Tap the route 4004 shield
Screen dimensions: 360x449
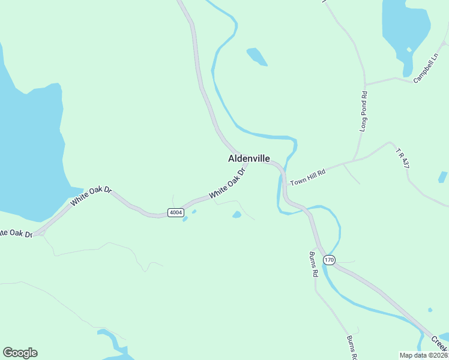pyautogui.click(x=175, y=212)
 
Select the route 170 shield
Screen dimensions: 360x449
pyautogui.click(x=328, y=260)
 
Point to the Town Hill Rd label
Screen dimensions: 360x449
pyautogui.click(x=307, y=177)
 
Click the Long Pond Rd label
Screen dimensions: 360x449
pyautogui.click(x=363, y=112)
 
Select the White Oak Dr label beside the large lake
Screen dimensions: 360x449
pyautogui.click(x=91, y=196)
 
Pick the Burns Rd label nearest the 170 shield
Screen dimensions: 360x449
pyautogui.click(x=313, y=263)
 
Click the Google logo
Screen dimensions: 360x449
pyautogui.click(x=20, y=353)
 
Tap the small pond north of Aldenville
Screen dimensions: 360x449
pyautogui.click(x=256, y=56)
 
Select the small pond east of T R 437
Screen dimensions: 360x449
pyautogui.click(x=442, y=177)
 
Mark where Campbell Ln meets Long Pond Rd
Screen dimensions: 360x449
pyautogui.click(x=364, y=83)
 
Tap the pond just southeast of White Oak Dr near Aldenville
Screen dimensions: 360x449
pyautogui.click(x=237, y=214)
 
